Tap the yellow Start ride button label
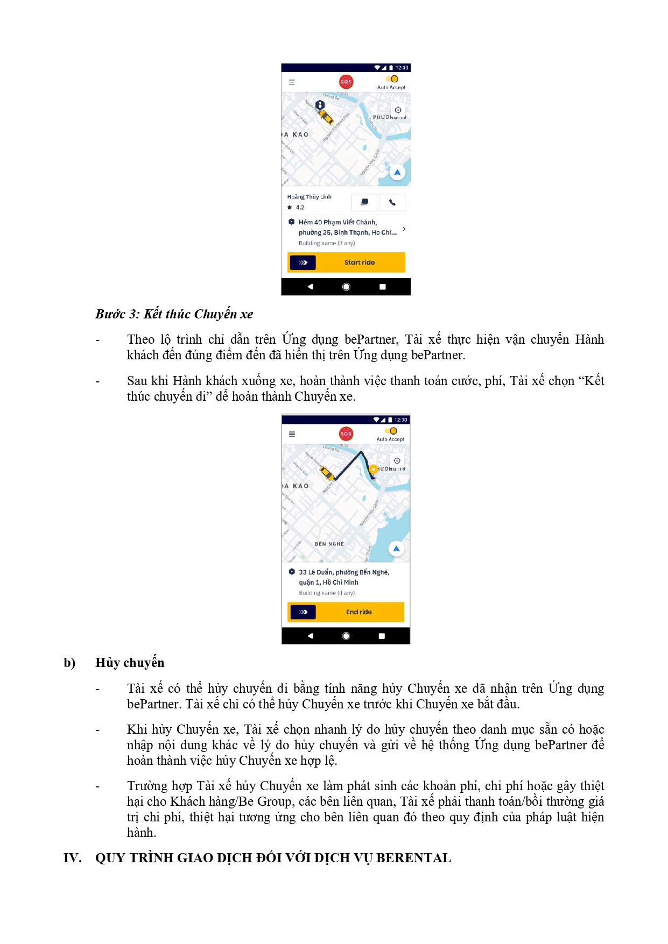pos(359,262)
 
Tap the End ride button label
pos(358,612)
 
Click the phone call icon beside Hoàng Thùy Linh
pos(392,202)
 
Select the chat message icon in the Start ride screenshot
pos(364,202)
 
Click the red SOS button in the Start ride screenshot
pos(346,82)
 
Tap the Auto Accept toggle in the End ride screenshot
pos(391,431)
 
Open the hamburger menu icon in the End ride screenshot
pos(292,434)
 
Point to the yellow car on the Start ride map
pos(326,116)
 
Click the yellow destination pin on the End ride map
pos(373,469)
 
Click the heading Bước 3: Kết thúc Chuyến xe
pos(174,314)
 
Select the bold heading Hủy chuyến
pos(130,663)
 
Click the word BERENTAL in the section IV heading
pos(413,858)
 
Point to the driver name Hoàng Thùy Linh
pos(309,197)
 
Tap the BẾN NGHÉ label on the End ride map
pos(329,544)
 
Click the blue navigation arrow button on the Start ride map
pos(397,173)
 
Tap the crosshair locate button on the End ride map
pos(397,460)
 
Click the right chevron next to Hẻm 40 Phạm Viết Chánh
pos(404,229)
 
